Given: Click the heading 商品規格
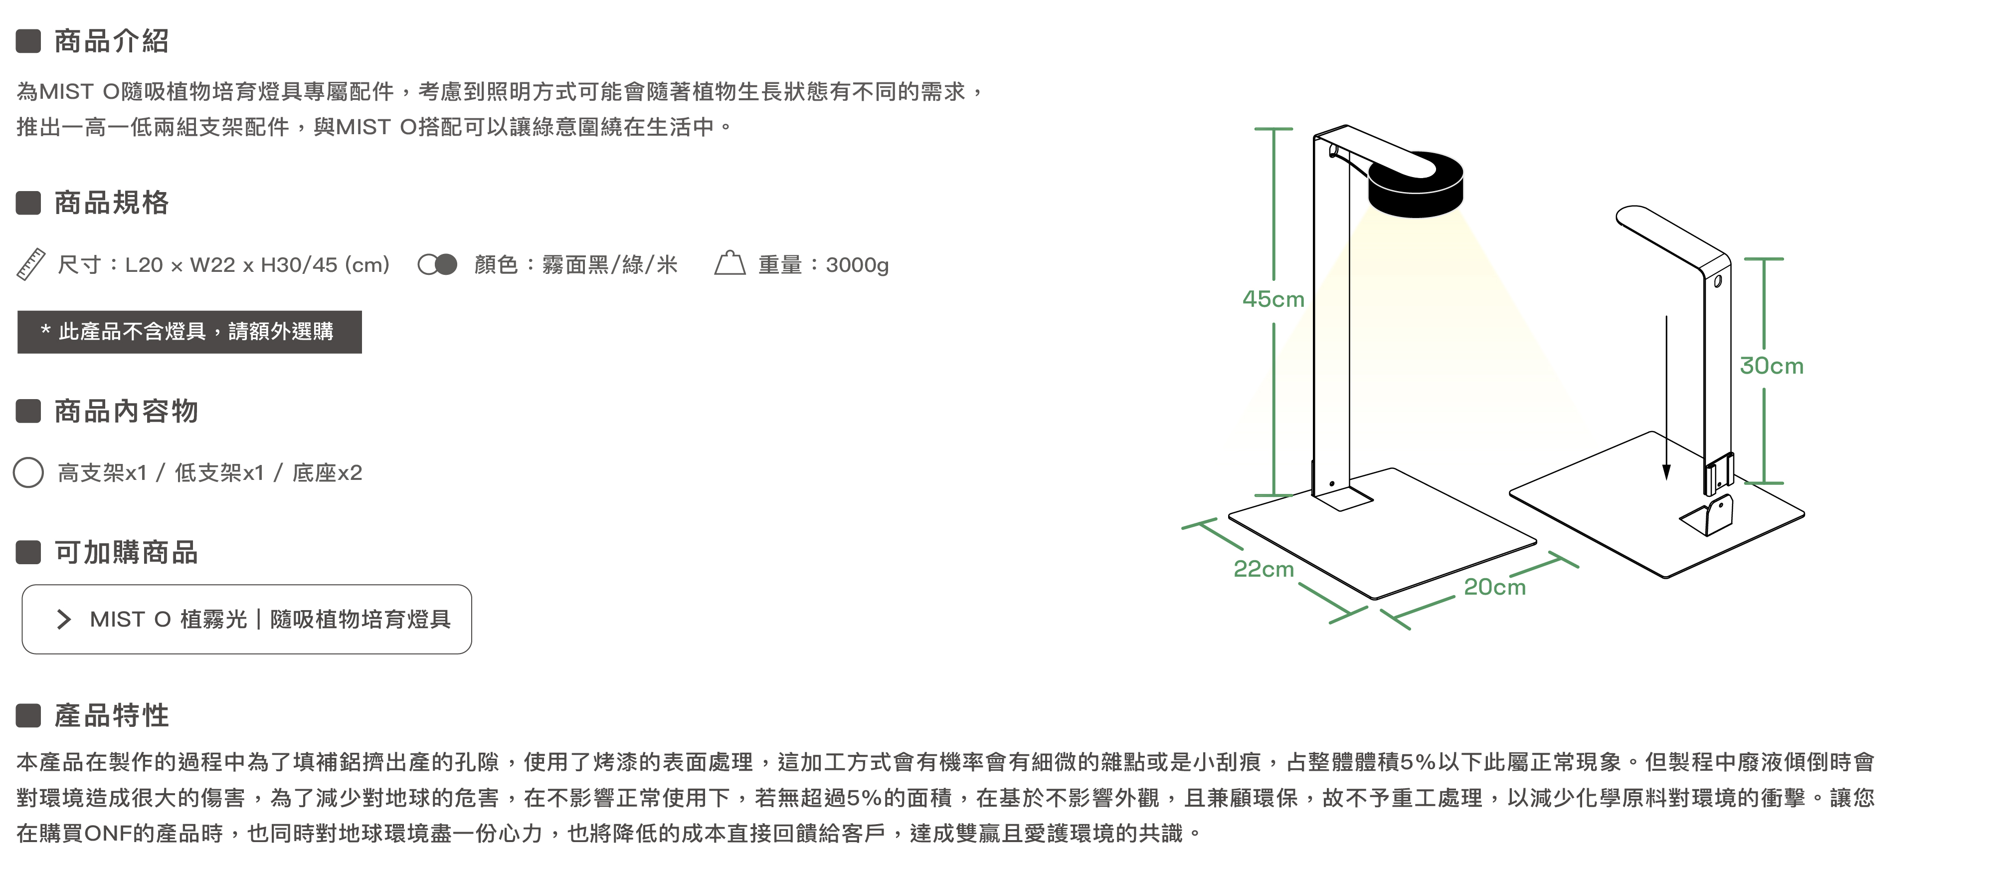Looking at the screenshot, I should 112,203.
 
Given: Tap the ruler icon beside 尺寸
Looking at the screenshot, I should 31,265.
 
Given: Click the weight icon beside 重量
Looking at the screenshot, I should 729,264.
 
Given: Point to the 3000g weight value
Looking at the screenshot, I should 857,265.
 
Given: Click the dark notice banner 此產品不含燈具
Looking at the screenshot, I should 189,332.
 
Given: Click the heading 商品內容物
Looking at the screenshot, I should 126,412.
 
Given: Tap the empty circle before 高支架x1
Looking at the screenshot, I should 28,472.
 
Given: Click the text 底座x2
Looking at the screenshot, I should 327,472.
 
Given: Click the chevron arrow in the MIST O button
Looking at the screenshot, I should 64,619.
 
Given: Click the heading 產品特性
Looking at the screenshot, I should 112,715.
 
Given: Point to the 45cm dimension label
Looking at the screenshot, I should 1273,299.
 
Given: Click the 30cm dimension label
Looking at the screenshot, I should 1771,366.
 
